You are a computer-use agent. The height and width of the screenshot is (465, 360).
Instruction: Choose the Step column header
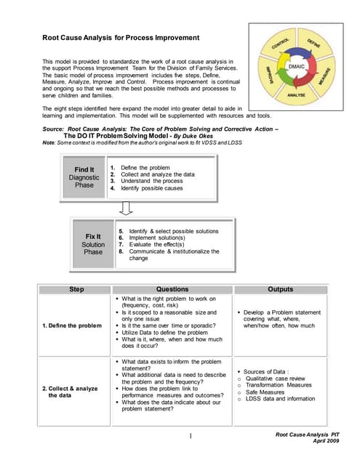coord(76,289)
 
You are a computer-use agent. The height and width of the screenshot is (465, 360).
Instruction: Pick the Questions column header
coord(172,289)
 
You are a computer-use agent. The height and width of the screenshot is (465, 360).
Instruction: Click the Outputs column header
coord(280,289)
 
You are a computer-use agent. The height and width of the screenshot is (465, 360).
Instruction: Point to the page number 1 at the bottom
coord(188,436)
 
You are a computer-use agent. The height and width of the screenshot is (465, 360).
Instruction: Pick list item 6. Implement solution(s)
coord(161,237)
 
